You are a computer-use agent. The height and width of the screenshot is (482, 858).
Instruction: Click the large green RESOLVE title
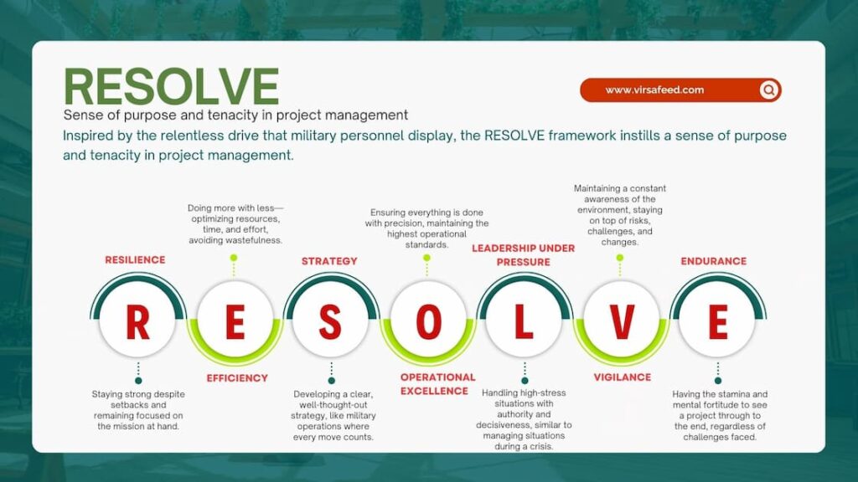(171, 86)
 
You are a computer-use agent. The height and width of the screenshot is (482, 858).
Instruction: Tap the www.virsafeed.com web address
(654, 90)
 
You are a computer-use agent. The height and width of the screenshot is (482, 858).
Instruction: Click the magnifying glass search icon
(769, 90)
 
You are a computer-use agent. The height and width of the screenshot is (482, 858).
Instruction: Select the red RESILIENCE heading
(135, 260)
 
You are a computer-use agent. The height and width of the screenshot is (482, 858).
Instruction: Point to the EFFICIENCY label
(237, 378)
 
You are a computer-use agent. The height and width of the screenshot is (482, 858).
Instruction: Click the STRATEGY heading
(329, 261)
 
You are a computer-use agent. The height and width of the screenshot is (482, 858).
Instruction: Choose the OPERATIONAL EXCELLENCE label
(437, 384)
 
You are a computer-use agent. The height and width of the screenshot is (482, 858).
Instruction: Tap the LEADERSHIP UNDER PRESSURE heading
(524, 255)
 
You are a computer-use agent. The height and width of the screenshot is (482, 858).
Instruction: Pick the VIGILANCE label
(623, 377)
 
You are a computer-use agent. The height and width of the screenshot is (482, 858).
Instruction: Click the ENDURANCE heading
(714, 261)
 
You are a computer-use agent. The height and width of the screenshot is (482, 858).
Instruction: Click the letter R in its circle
(137, 322)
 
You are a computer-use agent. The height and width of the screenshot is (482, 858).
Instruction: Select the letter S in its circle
(330, 322)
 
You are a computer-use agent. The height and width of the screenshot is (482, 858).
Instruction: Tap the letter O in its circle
(428, 322)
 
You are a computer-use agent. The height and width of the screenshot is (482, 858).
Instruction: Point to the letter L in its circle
(524, 322)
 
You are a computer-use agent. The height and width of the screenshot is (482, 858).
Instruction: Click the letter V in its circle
(622, 322)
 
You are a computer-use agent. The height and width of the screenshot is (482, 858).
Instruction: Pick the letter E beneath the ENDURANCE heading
(718, 322)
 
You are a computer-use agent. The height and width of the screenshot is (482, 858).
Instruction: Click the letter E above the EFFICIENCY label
(235, 322)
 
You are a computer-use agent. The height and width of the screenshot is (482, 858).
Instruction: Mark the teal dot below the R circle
(138, 381)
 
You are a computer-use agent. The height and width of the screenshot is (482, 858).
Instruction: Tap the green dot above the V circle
(619, 258)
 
